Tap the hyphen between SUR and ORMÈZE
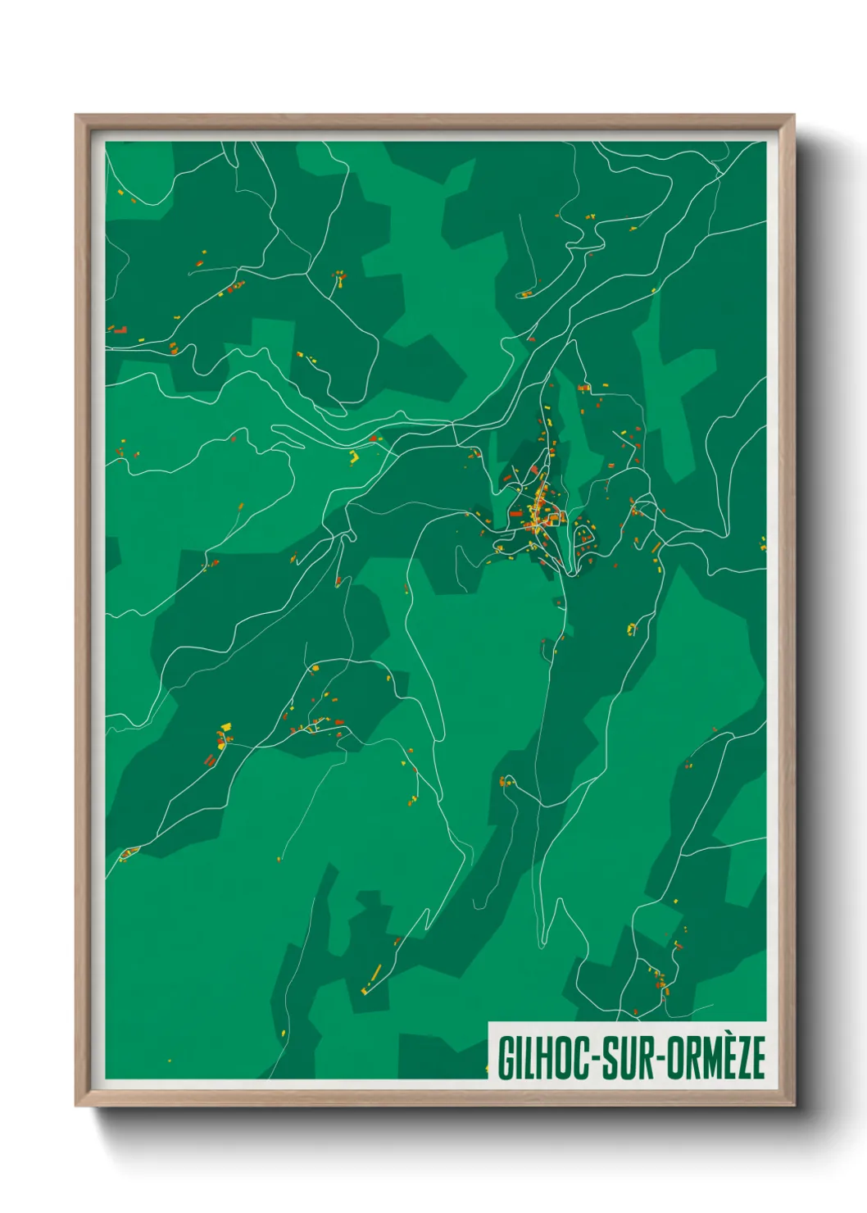(x=660, y=1060)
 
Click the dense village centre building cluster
(x=541, y=508)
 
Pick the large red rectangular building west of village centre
(x=516, y=514)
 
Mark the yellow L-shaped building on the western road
(x=354, y=457)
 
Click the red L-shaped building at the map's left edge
(x=120, y=329)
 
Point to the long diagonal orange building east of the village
(x=656, y=547)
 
